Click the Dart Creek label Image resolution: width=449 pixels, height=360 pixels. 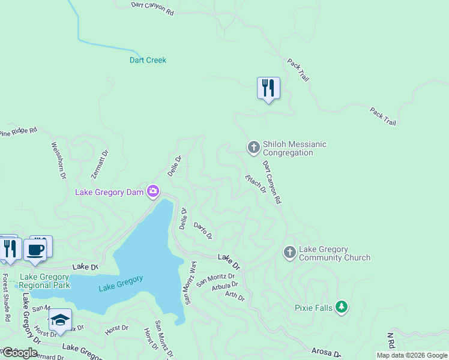[x=148, y=60]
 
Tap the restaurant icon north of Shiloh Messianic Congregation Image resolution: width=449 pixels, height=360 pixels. [x=268, y=88]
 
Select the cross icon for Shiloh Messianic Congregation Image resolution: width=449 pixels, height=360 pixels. [x=253, y=146]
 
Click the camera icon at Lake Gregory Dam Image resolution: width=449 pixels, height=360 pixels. [x=154, y=191]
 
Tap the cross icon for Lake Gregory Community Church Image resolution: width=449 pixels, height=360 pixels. [x=289, y=252]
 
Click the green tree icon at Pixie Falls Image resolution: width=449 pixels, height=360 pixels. [x=342, y=307]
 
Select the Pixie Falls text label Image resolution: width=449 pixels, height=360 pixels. [x=313, y=308]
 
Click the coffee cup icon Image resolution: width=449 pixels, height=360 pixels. [x=35, y=249]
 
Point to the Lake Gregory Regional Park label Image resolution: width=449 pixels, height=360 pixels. [x=45, y=281]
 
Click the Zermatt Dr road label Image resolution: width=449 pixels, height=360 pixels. [x=100, y=164]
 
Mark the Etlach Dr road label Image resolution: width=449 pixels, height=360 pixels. [x=256, y=184]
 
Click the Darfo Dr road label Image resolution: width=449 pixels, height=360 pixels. [x=203, y=230]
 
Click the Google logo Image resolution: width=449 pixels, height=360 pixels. [x=20, y=352]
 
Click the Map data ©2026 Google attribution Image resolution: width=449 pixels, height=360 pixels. [x=412, y=355]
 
